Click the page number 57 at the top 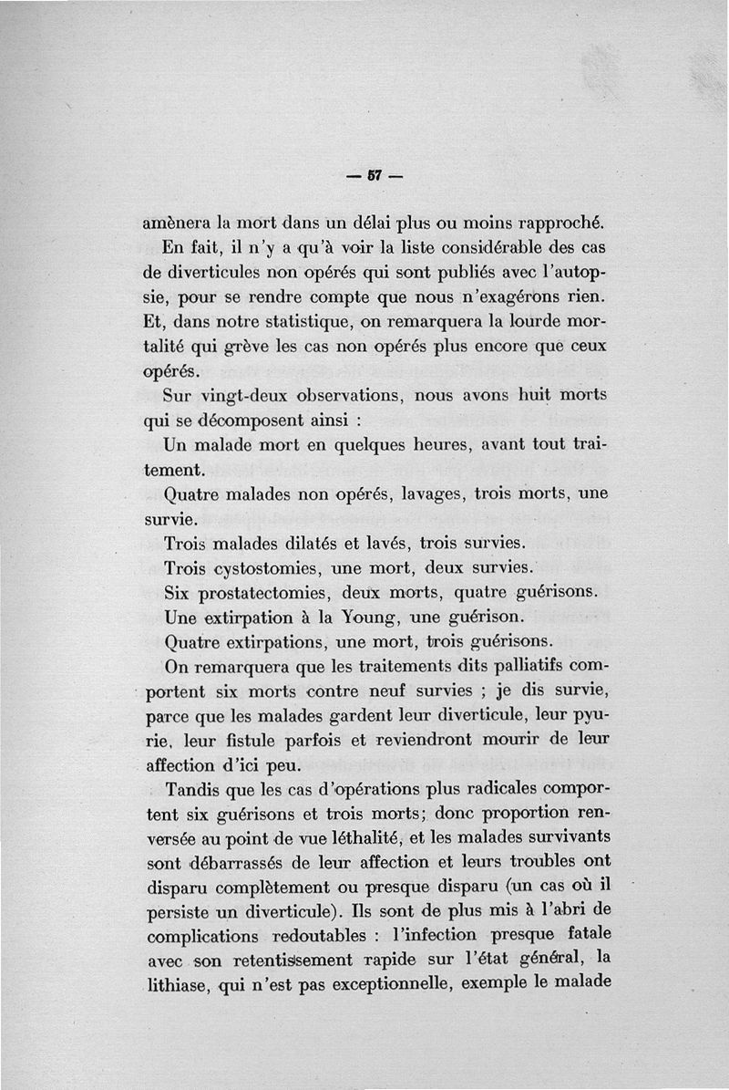[x=374, y=176]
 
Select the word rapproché [x=555, y=223]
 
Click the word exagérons [x=523, y=297]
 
